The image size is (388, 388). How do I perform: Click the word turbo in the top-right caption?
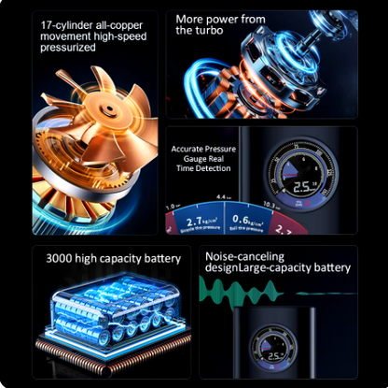[x=217, y=30]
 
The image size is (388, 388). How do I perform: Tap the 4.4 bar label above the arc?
[x=222, y=197]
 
